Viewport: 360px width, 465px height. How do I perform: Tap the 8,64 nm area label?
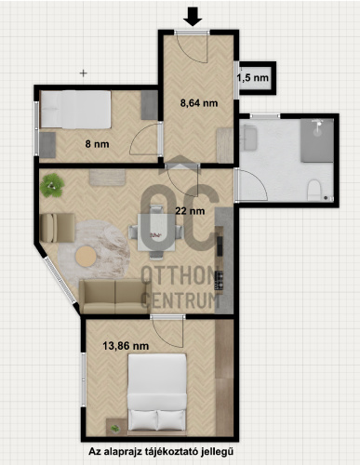pos(199,103)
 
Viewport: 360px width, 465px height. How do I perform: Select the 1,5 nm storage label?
pos(253,77)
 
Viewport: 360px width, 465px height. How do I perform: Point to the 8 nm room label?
pos(97,144)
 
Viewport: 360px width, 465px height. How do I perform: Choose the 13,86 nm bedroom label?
pos(126,346)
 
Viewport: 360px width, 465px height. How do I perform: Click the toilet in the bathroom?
pos(314,191)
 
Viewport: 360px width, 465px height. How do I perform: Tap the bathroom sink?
pos(248,138)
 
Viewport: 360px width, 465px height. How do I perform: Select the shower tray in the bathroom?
pos(316,140)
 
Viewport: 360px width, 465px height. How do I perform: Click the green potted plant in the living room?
pos(52,185)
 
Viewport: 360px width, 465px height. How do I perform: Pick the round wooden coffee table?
pos(86,256)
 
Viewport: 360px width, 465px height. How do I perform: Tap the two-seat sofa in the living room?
pos(115,297)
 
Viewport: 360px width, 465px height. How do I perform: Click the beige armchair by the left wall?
pos(58,228)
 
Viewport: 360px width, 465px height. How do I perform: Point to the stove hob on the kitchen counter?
pos(220,280)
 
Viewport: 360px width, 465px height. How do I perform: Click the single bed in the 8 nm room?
pos(75,109)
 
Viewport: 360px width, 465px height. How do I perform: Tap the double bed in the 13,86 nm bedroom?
pos(157,395)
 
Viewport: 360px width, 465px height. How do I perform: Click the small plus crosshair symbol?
pos(84,73)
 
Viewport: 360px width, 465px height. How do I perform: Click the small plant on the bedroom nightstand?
pos(115,428)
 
